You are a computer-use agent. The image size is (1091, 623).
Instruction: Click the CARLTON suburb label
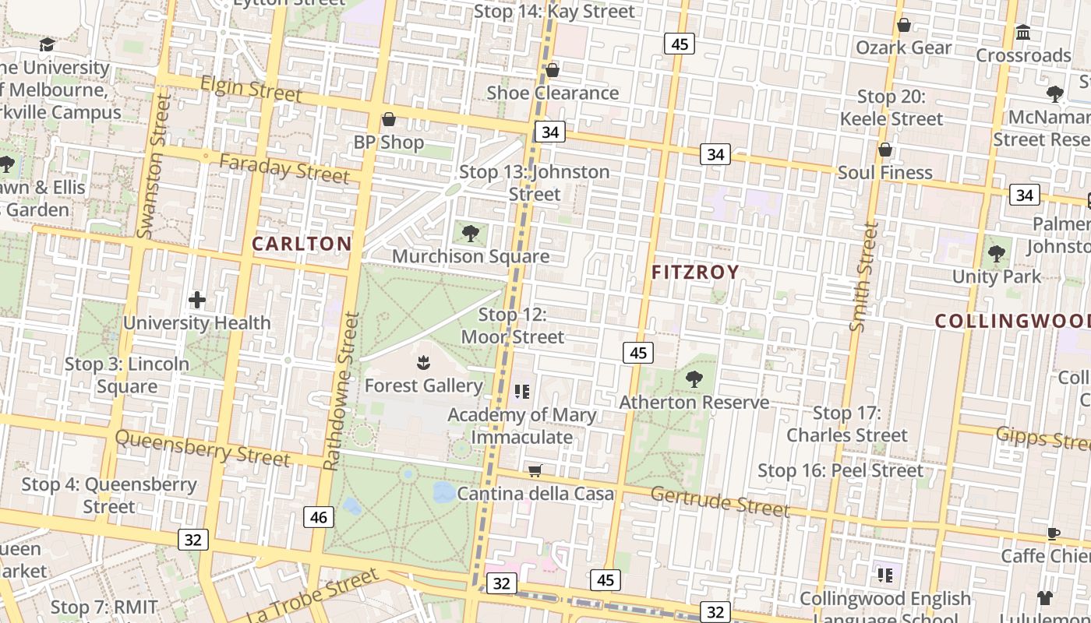pos(302,244)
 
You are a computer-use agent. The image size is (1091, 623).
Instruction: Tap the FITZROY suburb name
pos(695,273)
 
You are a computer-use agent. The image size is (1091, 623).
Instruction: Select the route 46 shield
pos(319,516)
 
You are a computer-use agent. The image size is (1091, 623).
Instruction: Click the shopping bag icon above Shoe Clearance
pos(553,71)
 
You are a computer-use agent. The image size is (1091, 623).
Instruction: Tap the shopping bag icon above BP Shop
pos(389,120)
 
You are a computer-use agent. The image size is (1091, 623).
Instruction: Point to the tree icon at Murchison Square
pos(470,233)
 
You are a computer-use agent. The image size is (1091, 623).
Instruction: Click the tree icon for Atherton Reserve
pos(694,379)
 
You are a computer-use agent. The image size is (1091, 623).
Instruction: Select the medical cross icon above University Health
pos(197,300)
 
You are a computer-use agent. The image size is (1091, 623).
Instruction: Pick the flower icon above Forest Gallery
pos(423,362)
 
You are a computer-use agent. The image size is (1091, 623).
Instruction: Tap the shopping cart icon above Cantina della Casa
pos(535,470)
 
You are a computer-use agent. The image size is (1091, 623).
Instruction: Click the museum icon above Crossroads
pos(1023,33)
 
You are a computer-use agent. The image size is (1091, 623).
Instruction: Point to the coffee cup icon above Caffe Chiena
pos(1054,533)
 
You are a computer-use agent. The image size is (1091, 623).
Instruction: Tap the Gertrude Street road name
pos(720,502)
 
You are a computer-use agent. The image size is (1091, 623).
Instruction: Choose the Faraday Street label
pos(284,169)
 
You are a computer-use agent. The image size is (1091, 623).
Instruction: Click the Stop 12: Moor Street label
pos(512,326)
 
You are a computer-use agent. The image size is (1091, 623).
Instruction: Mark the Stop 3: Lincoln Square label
pos(127,375)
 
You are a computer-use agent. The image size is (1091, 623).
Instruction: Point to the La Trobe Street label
pos(313,597)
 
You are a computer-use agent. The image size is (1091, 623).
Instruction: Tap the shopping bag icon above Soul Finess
pos(884,150)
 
